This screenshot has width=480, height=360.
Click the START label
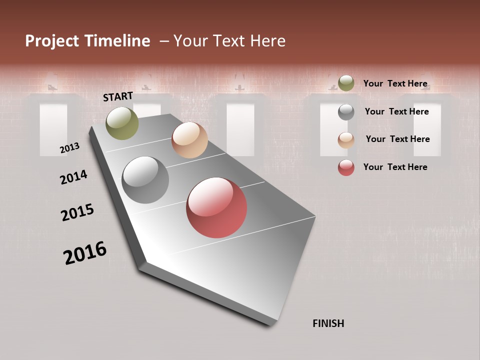click(118, 96)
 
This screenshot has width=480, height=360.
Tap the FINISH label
click(328, 323)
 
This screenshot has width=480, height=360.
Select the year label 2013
click(69, 148)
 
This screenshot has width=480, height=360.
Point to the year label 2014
click(73, 177)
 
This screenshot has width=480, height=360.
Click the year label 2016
click(85, 253)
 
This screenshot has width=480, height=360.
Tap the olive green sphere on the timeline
click(122, 123)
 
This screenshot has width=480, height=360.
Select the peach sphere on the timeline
click(189, 140)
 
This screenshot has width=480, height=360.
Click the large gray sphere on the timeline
click(145, 179)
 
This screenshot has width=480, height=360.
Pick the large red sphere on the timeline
click(216, 207)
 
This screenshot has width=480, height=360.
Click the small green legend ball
click(346, 83)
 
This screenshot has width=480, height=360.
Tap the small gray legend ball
click(346, 112)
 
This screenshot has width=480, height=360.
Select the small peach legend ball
click(346, 140)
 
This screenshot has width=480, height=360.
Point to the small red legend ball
click(346, 167)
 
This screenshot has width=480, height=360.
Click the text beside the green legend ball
click(395, 83)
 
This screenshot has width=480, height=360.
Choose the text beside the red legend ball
click(395, 167)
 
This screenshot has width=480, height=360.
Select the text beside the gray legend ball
click(396, 111)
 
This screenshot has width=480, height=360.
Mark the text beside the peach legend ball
click(397, 139)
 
